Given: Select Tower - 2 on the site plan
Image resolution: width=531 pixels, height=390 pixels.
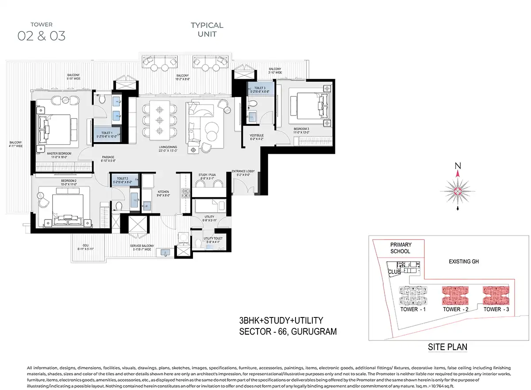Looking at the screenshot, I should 456,309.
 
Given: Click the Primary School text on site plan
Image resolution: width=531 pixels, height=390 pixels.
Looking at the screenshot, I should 400,248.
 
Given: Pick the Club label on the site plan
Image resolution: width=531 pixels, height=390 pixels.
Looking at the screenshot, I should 393,272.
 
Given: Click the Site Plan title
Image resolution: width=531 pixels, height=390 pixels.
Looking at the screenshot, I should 447,347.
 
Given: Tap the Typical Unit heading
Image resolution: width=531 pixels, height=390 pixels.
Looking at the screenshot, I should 207,30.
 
